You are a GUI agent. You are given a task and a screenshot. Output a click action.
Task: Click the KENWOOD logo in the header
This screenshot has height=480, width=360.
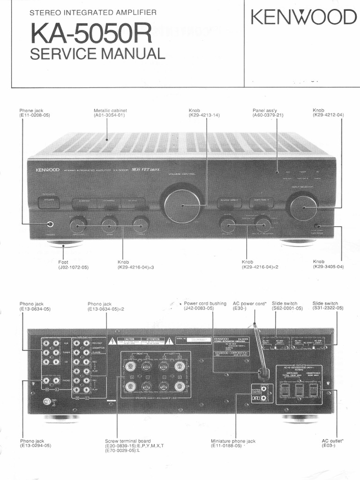(303, 18)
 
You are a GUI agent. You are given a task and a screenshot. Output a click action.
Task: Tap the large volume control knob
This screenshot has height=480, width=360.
(182, 204)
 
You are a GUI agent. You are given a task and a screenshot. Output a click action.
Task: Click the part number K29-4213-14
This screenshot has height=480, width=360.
(204, 115)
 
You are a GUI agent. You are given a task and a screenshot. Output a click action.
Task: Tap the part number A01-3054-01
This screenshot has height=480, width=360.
(110, 115)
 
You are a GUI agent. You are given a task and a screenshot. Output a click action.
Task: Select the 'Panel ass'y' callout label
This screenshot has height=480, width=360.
(266, 110)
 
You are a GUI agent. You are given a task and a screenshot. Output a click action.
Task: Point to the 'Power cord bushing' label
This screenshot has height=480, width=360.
(205, 303)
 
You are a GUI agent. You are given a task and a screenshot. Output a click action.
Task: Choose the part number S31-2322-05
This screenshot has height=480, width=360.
(328, 308)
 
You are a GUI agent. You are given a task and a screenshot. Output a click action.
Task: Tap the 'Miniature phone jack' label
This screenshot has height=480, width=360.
(233, 441)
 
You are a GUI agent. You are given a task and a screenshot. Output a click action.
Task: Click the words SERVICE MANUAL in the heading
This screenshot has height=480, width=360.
(97, 54)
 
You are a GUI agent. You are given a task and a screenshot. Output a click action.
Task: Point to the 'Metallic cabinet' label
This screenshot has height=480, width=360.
(110, 110)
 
